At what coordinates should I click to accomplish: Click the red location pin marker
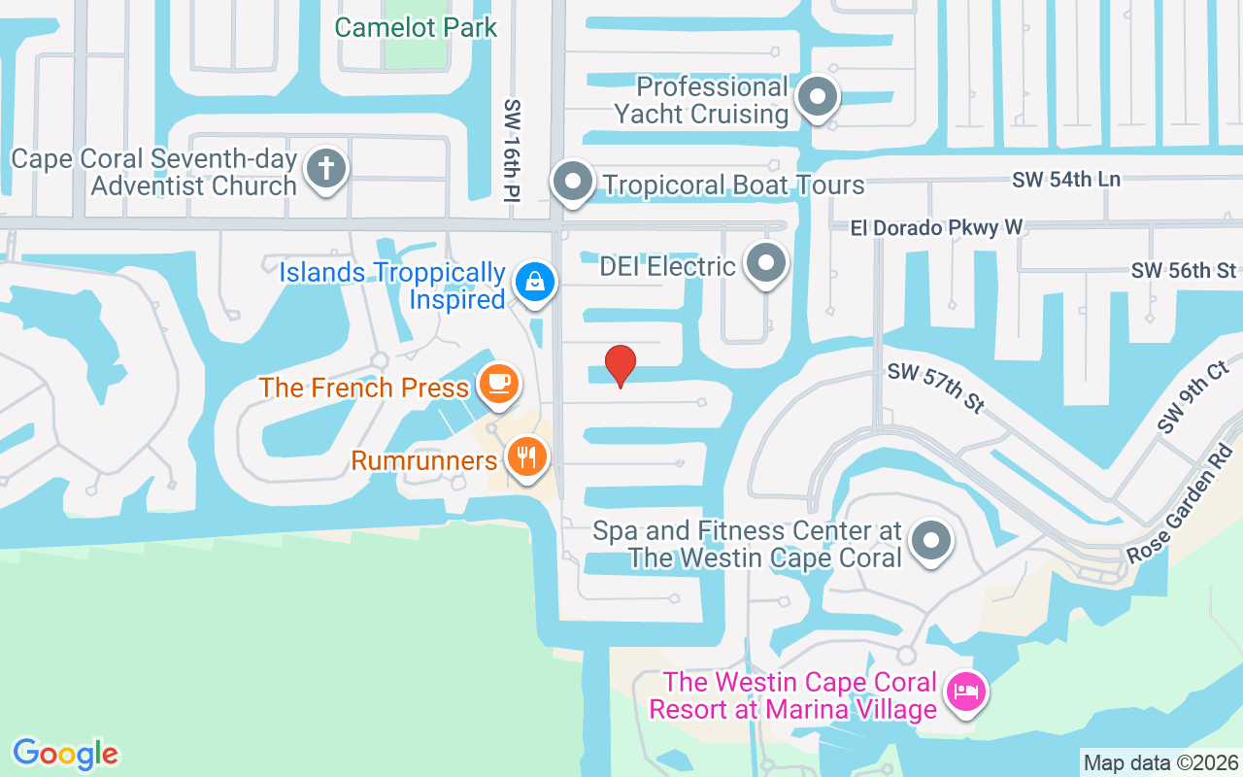621,365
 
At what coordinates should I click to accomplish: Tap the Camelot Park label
416,27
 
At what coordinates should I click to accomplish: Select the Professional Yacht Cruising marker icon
818,98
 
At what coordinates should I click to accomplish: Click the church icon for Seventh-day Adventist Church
326,170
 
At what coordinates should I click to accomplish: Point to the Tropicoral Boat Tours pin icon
573,182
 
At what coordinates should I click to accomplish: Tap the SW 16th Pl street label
513,150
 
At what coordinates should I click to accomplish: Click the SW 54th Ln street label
1065,179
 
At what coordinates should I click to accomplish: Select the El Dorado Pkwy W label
936,227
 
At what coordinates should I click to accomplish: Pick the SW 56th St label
1184,270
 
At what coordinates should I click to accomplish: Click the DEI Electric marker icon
766,263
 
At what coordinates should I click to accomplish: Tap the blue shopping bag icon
533,283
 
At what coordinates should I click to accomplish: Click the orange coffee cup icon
499,384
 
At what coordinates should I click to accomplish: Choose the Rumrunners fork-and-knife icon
527,456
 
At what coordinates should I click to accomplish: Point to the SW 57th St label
934,388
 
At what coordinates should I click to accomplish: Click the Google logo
65,754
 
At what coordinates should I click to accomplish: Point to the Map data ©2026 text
1160,762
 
